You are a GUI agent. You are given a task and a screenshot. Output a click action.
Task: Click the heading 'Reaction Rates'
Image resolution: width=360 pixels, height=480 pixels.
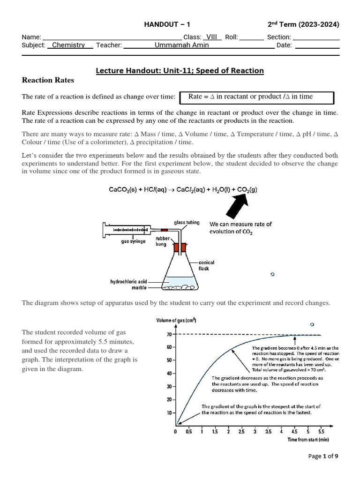point(48,80)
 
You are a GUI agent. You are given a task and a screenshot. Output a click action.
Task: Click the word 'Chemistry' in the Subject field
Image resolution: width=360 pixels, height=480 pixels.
point(68,45)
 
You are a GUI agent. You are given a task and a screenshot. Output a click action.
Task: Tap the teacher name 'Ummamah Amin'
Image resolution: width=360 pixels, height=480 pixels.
point(182,45)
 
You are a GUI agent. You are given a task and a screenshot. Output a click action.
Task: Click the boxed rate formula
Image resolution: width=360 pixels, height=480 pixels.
point(257,97)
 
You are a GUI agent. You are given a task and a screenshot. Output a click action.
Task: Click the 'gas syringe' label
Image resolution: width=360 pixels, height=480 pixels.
point(133,241)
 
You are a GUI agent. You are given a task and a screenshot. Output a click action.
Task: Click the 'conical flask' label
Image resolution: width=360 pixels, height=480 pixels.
point(207,266)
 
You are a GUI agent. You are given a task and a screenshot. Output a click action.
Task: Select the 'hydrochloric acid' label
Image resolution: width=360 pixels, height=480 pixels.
point(128,281)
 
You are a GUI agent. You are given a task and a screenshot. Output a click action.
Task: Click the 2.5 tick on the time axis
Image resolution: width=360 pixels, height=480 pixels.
point(241,432)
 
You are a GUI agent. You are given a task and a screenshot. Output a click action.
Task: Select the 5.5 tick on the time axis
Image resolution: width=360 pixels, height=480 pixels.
point(321,432)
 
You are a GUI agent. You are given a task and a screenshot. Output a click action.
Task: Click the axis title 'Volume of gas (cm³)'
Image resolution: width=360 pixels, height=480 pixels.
point(176,321)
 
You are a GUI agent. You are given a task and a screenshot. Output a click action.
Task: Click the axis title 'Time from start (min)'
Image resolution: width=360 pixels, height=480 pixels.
point(307,440)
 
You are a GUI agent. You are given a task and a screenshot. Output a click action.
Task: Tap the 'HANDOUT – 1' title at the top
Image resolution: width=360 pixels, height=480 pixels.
point(167,25)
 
